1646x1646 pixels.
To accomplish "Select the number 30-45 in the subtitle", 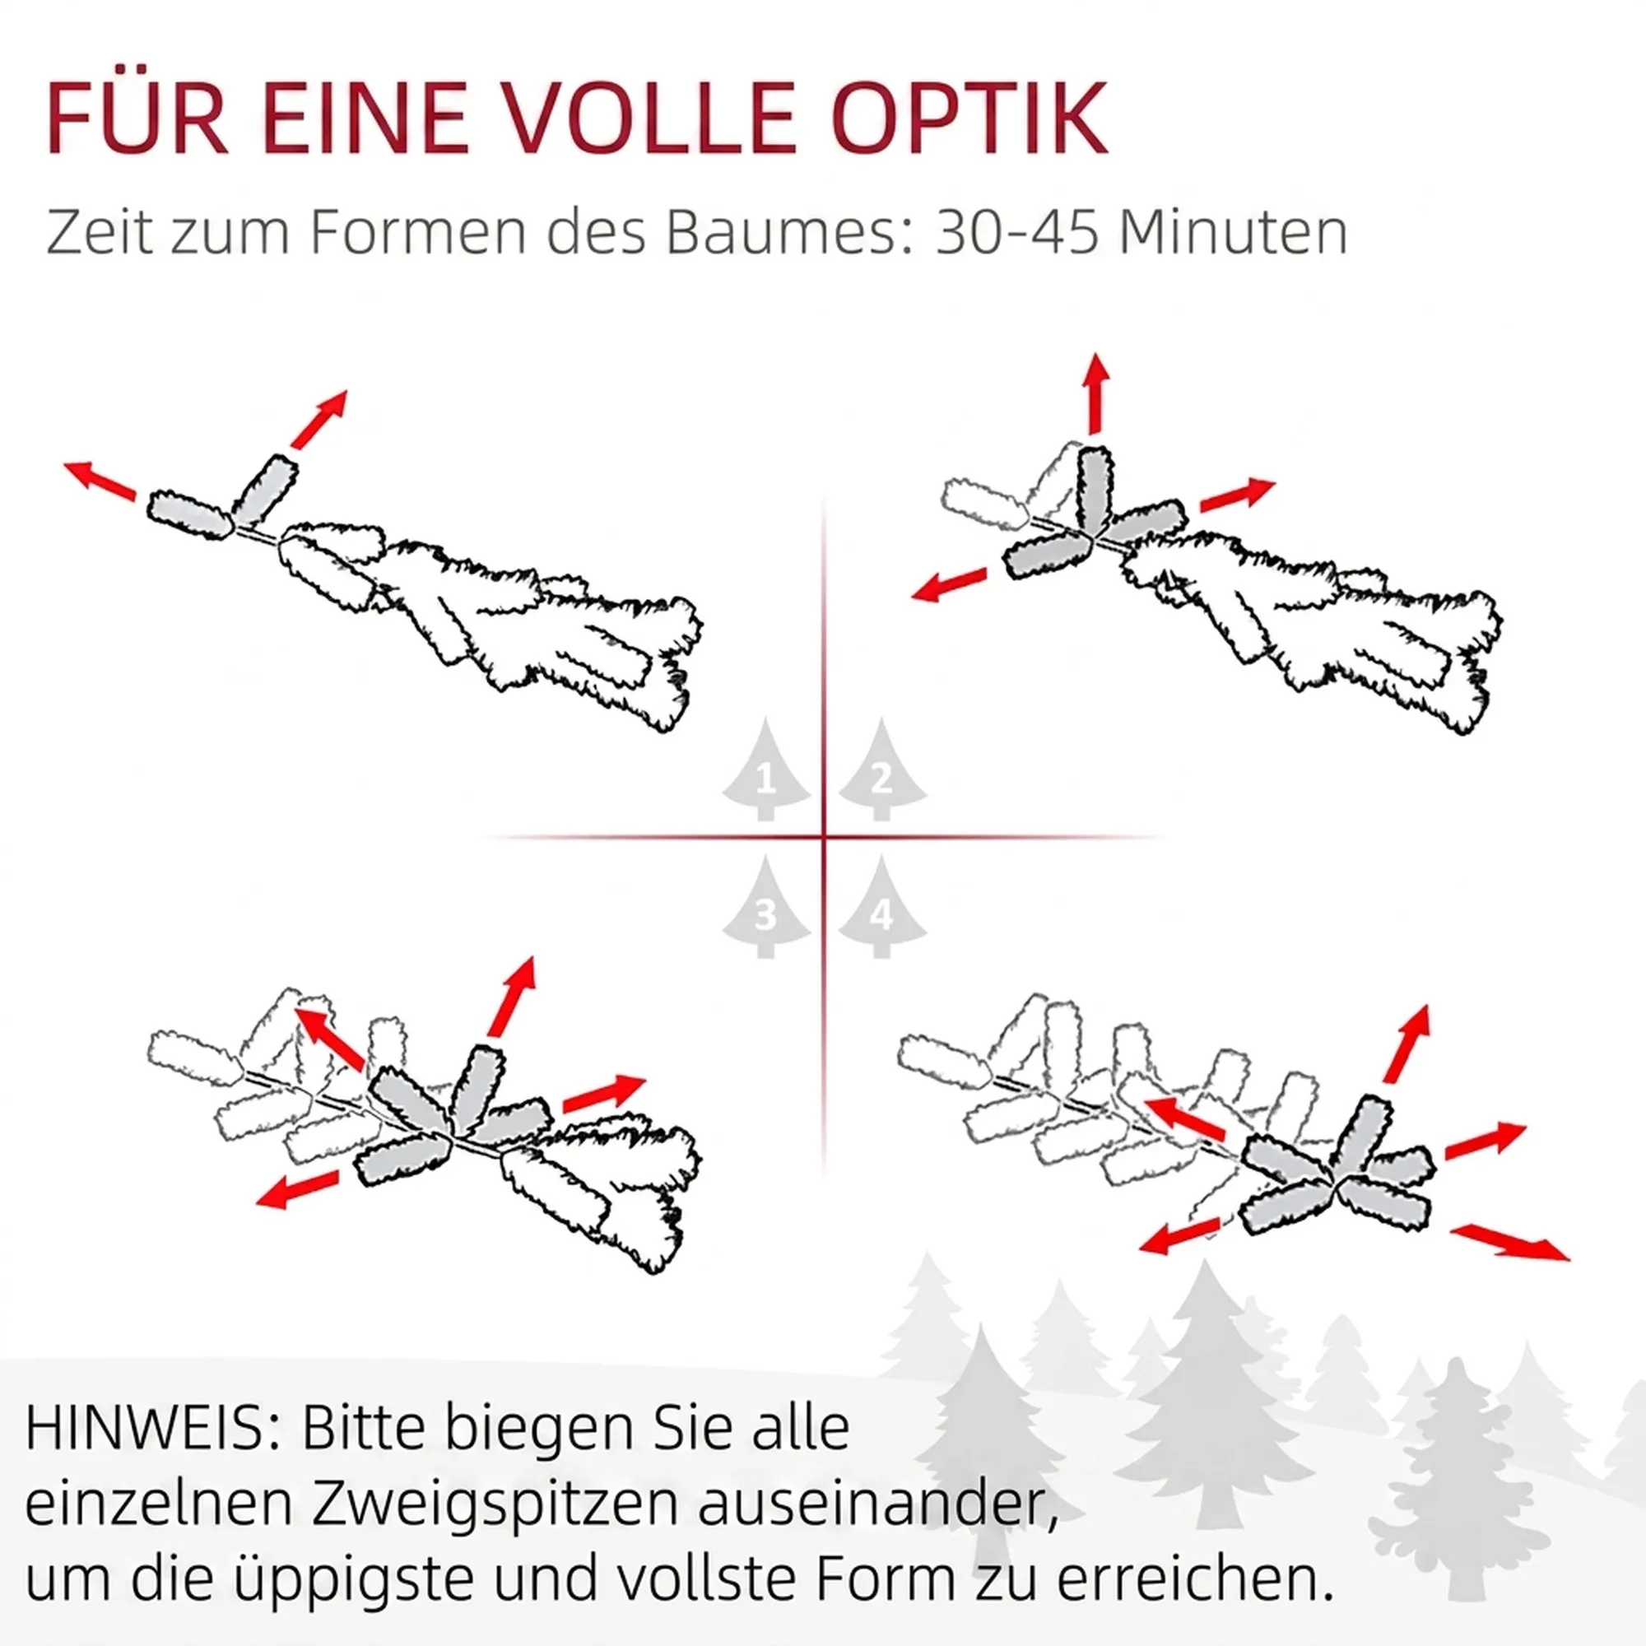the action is pyautogui.click(x=1018, y=232).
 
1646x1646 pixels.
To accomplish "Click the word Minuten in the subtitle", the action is pyautogui.click(x=1233, y=232).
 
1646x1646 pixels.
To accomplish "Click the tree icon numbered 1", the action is pyautogui.click(x=765, y=770).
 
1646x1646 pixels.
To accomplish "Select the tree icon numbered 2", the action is pyautogui.click(x=881, y=770).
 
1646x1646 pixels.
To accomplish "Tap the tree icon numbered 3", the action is pyautogui.click(x=765, y=906).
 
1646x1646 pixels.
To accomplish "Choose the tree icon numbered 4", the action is pyautogui.click(x=881, y=906).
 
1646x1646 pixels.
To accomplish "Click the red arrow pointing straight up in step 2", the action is pyautogui.click(x=1096, y=393).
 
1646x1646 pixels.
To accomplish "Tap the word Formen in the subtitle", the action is pyautogui.click(x=418, y=232).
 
